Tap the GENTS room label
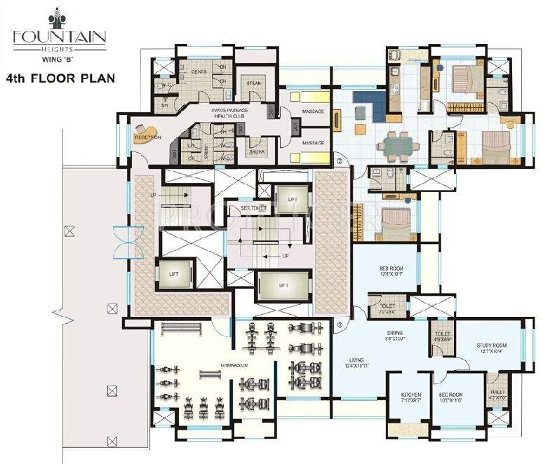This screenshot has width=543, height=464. [x=199, y=71]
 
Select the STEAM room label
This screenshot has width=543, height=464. [x=253, y=83]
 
